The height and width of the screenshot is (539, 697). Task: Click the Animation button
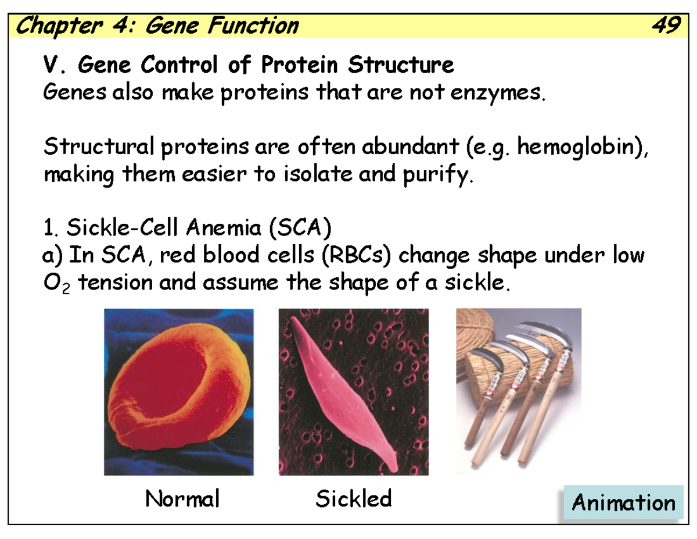pyautogui.click(x=623, y=503)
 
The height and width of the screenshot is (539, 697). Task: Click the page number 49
pyautogui.click(x=666, y=26)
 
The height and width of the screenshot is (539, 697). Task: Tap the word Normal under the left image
pyautogui.click(x=182, y=498)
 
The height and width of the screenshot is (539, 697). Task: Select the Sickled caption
pyautogui.click(x=353, y=498)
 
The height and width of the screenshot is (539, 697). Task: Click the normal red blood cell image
pyautogui.click(x=178, y=391)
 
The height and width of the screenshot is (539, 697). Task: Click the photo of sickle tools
pyautogui.click(x=518, y=391)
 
